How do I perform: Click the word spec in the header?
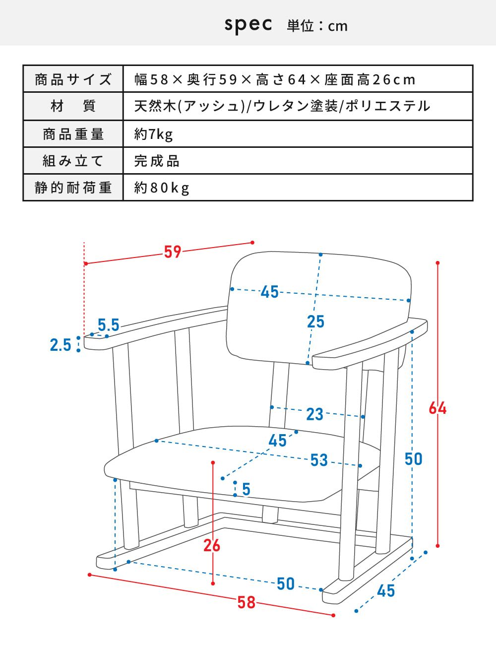(248, 25)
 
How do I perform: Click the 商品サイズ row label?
(73, 79)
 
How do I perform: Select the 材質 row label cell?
(73, 106)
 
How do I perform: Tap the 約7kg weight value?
(153, 134)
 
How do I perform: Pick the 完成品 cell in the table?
(157, 161)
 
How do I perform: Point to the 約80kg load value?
(162, 188)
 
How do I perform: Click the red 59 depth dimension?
(173, 252)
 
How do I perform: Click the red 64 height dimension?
(437, 408)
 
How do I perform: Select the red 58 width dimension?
(246, 602)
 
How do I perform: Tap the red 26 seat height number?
(212, 546)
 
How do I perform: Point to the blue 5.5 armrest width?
(109, 324)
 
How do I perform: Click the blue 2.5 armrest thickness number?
(61, 345)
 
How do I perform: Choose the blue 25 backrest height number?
(315, 322)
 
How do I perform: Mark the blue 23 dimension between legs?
(315, 414)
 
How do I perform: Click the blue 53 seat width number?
(319, 460)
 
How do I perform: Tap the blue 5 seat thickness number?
(246, 489)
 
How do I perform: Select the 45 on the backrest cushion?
(270, 291)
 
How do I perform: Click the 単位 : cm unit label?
(317, 26)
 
